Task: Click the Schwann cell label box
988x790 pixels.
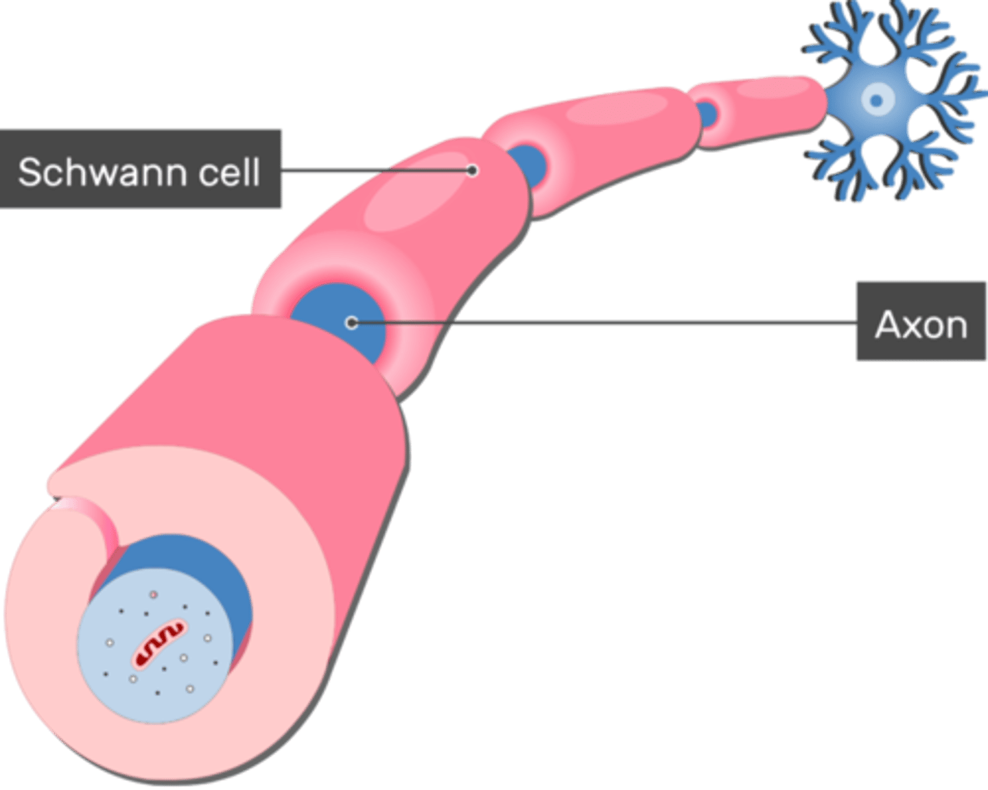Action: pos(141,169)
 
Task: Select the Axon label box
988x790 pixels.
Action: pos(921,322)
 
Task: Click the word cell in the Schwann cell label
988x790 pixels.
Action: pos(229,171)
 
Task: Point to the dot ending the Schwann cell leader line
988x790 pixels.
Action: pos(472,170)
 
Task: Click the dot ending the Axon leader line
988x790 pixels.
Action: pos(351,322)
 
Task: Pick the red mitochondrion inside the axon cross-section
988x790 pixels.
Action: pos(158,643)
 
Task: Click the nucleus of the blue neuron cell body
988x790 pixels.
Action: pos(875,101)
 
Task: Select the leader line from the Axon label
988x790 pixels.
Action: pos(604,322)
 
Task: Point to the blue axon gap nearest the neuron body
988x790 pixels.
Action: pos(706,113)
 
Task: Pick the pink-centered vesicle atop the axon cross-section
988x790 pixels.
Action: pos(154,594)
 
